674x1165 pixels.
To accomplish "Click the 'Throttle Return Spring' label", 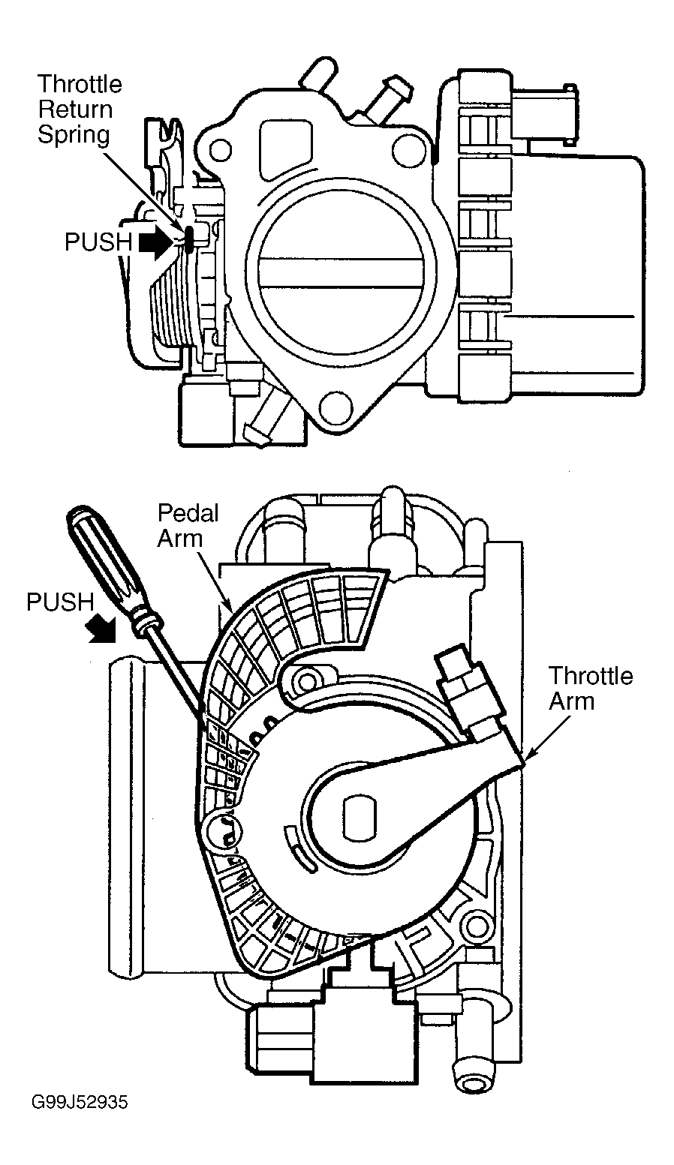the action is click(80, 110).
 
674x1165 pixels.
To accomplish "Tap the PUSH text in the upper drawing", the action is click(99, 242).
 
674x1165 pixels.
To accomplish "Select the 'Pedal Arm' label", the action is click(188, 525).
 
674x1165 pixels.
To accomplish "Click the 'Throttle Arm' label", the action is click(591, 689).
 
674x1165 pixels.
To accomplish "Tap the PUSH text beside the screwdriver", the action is click(60, 602).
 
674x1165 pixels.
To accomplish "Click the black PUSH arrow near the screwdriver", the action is click(103, 631).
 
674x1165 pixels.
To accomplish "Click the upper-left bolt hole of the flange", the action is click(220, 151).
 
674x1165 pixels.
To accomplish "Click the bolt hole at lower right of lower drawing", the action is click(474, 925).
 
